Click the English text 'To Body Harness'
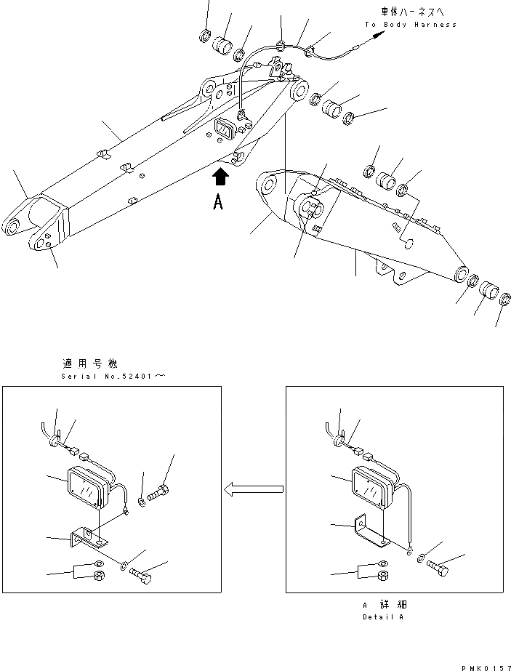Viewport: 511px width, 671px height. click(x=411, y=25)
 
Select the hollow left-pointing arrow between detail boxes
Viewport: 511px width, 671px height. click(x=253, y=491)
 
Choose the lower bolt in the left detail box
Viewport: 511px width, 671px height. click(x=142, y=574)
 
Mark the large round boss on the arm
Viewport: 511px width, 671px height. click(x=310, y=206)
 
